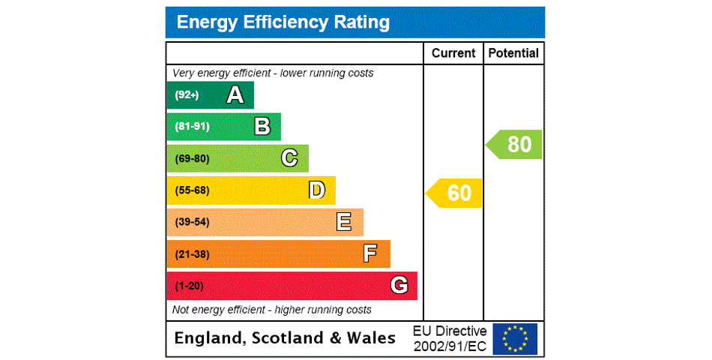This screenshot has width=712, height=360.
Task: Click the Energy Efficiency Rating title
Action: pyautogui.click(x=283, y=22)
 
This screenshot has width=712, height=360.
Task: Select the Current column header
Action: pyautogui.click(x=453, y=53)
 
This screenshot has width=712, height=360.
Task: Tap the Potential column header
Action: pyautogui.click(x=513, y=53)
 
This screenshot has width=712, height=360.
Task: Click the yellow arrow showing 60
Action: pyautogui.click(x=455, y=193)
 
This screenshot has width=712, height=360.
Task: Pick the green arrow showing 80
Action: pyautogui.click(x=516, y=144)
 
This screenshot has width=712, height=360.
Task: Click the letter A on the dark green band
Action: pyautogui.click(x=235, y=94)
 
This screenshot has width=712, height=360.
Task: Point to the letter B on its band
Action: pyautogui.click(x=262, y=126)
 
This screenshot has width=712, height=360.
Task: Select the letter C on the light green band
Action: pyautogui.click(x=289, y=158)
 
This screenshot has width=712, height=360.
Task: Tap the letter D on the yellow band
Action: pyautogui.click(x=317, y=190)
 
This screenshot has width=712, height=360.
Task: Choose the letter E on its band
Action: pyautogui.click(x=344, y=222)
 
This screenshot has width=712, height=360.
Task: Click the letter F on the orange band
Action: pyautogui.click(x=370, y=253)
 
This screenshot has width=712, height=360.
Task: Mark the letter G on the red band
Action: pyautogui.click(x=399, y=286)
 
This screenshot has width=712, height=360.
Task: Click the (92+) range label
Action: pyautogui.click(x=187, y=94)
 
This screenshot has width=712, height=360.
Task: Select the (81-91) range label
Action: pyautogui.click(x=192, y=127)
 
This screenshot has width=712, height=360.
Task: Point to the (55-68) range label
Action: pyautogui.click(x=192, y=190)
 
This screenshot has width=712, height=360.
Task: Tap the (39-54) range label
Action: pyautogui.click(x=192, y=222)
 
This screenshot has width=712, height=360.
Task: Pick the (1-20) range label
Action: pyautogui.click(x=189, y=286)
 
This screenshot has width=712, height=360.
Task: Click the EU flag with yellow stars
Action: pyautogui.click(x=515, y=339)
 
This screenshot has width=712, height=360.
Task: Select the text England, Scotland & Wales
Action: pyautogui.click(x=285, y=338)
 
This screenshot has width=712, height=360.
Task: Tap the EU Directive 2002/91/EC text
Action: pyautogui.click(x=450, y=338)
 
